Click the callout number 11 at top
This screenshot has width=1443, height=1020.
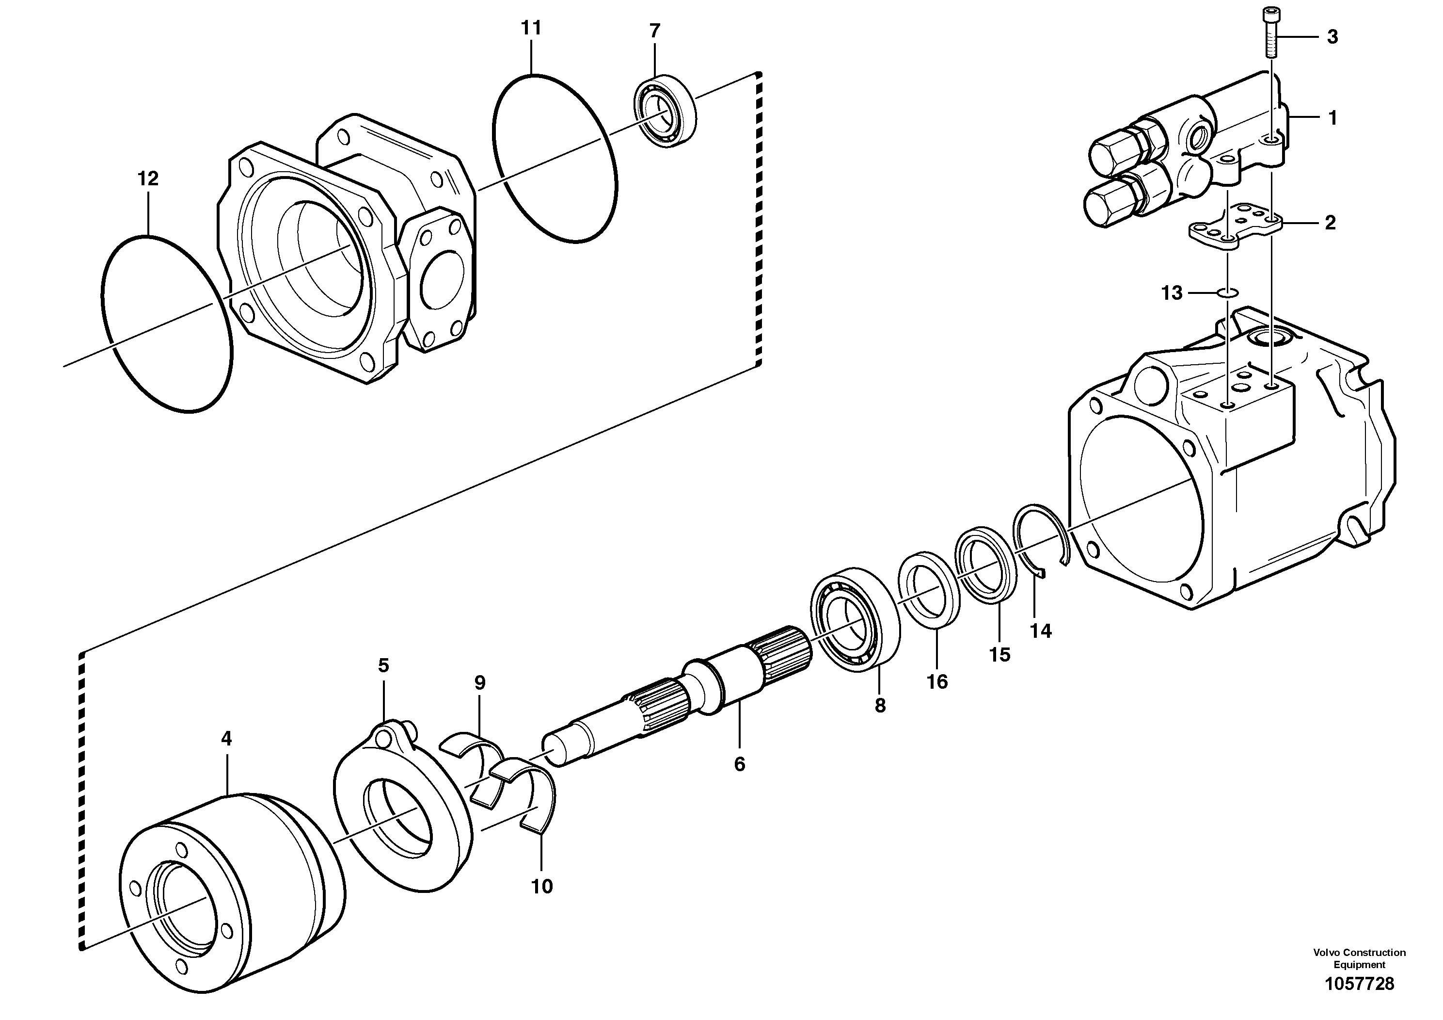531,28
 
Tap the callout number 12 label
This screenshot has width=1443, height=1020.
148,179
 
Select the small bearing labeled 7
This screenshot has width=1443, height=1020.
665,111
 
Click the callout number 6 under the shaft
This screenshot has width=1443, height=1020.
739,765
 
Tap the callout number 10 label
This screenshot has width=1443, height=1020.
542,887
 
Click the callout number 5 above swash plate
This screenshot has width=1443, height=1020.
383,665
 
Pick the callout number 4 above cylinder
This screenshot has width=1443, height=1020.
226,739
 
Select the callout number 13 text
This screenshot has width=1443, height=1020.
1172,293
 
